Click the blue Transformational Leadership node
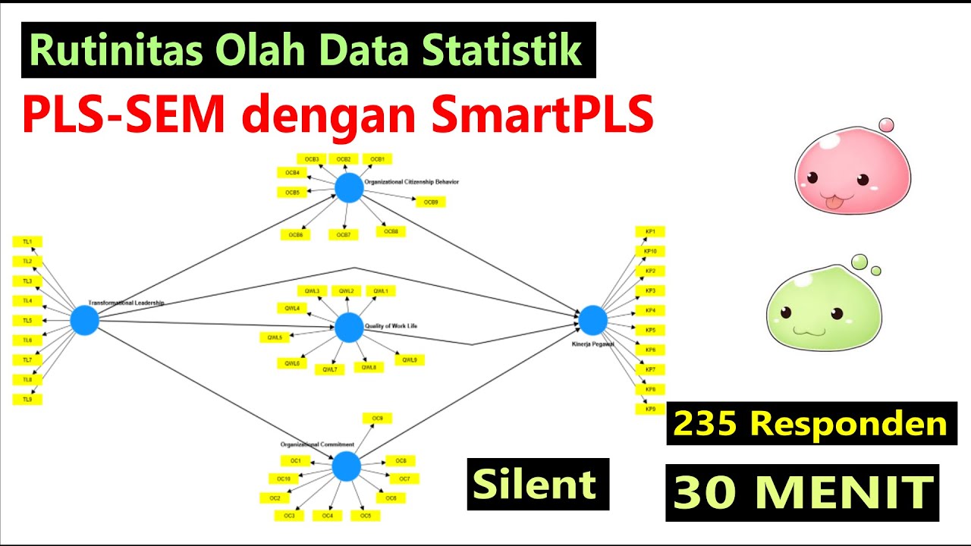pyautogui.click(x=85, y=320)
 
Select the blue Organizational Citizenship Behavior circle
pyautogui.click(x=349, y=188)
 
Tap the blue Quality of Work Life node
pyautogui.click(x=349, y=328)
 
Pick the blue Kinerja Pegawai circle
pyautogui.click(x=593, y=320)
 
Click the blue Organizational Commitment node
pyautogui.click(x=346, y=466)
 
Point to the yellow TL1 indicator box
pyautogui.click(x=27, y=242)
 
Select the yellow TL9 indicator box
pyautogui.click(x=27, y=399)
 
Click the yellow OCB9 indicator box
pyautogui.click(x=430, y=202)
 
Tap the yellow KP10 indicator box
pyautogui.click(x=649, y=251)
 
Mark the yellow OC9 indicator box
pyautogui.click(x=377, y=419)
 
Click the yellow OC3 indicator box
pyautogui.click(x=289, y=516)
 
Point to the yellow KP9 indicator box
pyautogui.click(x=649, y=409)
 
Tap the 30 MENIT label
pyautogui.click(x=803, y=493)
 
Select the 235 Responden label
pyautogui.click(x=811, y=424)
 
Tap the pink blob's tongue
pyautogui.click(x=831, y=202)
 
